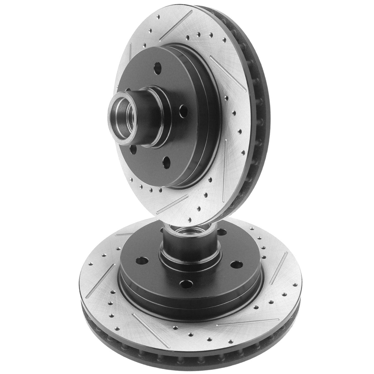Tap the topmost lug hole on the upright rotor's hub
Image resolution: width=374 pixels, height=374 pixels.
pos(158,67)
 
